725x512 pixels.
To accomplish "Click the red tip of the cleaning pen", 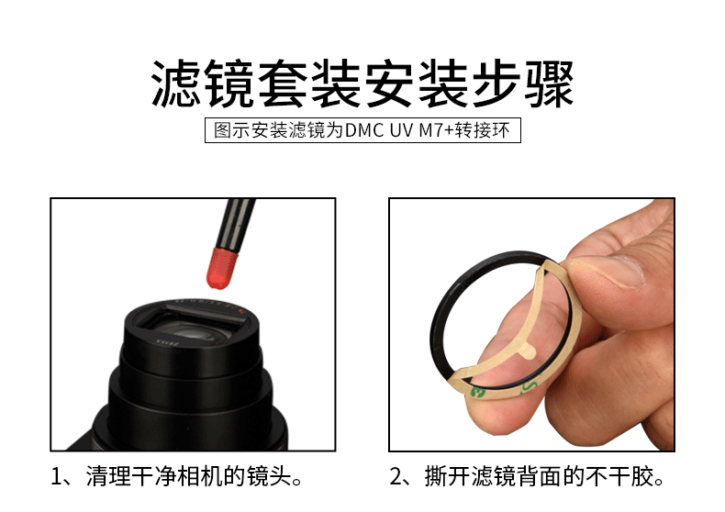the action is point(222,269).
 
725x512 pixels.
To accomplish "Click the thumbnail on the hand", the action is point(619,272).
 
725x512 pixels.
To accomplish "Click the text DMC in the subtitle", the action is point(364,131).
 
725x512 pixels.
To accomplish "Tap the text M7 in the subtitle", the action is point(431,131).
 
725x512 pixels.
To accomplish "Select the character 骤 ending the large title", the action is point(549,83).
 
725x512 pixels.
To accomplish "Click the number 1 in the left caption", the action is point(56,477).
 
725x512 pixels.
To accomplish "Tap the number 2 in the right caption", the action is point(396,477).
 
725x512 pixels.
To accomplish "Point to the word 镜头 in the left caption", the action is point(268,476).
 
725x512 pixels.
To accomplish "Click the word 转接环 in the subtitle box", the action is point(482,131).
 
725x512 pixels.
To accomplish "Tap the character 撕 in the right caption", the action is point(436,476).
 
